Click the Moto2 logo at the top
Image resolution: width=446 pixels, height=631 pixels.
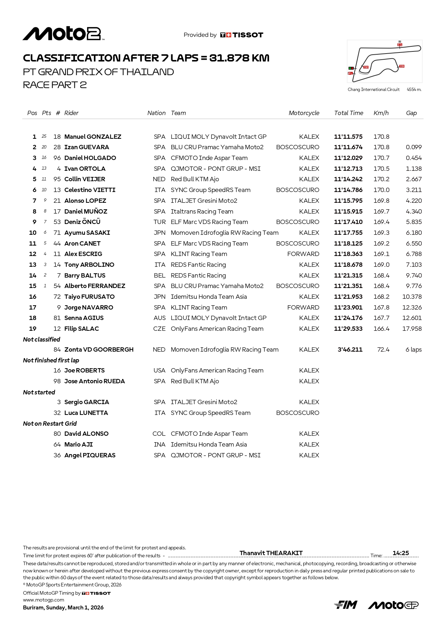coord(64,34)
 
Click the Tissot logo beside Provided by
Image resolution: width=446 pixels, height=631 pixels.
coord(242,35)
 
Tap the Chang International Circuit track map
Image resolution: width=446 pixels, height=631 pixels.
coord(384,61)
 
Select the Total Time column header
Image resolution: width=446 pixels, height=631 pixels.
coord(349,113)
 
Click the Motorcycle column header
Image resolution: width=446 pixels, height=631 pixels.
coord(304,113)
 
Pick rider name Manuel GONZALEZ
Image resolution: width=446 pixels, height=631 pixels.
coord(93,137)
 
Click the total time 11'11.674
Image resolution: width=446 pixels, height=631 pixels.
coord(348,147)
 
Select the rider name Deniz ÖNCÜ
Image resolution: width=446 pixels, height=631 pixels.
coord(82,222)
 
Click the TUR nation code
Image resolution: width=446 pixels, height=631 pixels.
coord(159,222)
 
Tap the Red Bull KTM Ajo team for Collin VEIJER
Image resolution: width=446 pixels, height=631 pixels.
coord(195,179)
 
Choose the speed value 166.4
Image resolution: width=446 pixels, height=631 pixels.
coord(381,329)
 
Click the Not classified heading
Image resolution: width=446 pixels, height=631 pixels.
coord(42,339)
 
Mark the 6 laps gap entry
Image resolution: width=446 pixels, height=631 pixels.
coord(414,349)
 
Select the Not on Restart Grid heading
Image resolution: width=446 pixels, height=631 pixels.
coord(50,424)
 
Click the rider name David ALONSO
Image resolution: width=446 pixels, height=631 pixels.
coord(86,434)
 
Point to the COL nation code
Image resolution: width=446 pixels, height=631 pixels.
coord(159,434)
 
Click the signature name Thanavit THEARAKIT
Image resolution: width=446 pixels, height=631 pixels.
coord(271,553)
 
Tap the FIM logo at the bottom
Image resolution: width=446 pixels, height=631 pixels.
coord(346,605)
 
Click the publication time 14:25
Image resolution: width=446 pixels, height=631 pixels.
coord(401,553)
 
